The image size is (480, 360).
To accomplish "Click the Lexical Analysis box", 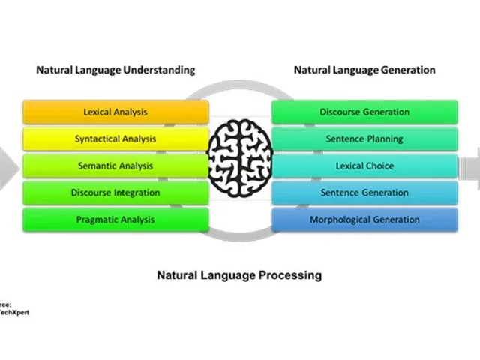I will click(x=115, y=112).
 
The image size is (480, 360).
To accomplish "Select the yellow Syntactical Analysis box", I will click(x=115, y=139).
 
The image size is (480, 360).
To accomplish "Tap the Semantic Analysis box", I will click(x=115, y=166).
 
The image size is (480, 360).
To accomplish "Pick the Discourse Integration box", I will click(x=115, y=193).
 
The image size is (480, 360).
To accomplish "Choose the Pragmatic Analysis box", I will click(x=115, y=220).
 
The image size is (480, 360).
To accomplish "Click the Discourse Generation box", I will click(x=364, y=112).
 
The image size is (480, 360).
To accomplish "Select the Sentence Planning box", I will click(x=364, y=139).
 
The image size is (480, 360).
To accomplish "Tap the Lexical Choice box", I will click(x=364, y=166).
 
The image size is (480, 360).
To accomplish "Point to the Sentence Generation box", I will click(x=364, y=193).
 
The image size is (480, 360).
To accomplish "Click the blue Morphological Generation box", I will click(x=364, y=220).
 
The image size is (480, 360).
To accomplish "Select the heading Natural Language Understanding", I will click(x=115, y=70).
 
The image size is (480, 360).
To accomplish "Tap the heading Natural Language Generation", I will click(x=364, y=70).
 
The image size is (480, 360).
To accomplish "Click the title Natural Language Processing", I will click(x=239, y=275).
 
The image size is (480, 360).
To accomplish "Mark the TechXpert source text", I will click(x=15, y=312).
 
